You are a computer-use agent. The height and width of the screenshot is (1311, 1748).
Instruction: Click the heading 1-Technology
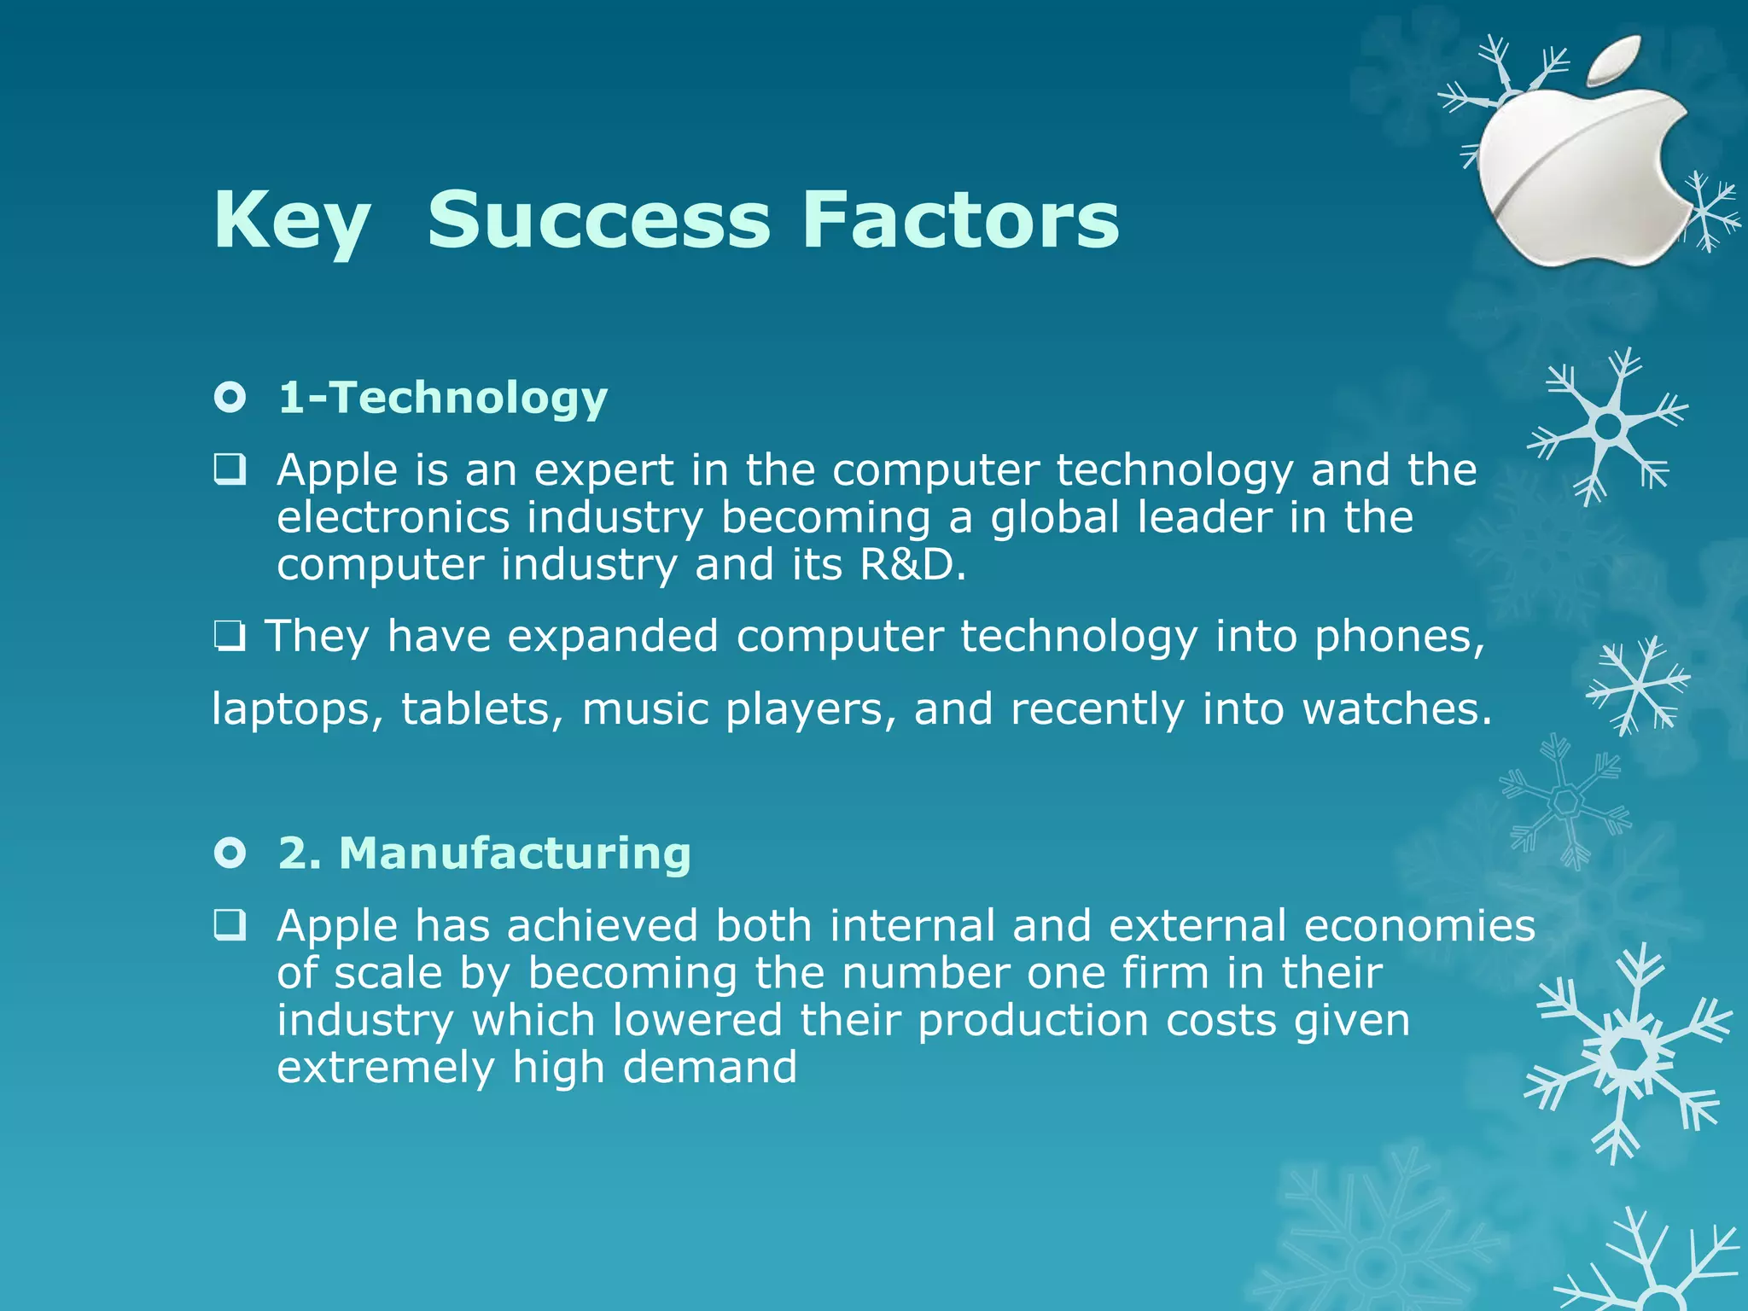click(x=442, y=399)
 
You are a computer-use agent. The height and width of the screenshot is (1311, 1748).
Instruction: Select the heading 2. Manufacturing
click(x=484, y=854)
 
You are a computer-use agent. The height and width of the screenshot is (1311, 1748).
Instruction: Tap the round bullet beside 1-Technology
click(x=230, y=398)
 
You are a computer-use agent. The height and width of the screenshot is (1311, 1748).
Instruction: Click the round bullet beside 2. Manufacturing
click(x=230, y=853)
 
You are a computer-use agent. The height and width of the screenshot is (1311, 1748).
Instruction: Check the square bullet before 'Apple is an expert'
click(x=230, y=469)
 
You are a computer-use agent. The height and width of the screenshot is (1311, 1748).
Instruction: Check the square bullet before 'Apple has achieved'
click(x=230, y=925)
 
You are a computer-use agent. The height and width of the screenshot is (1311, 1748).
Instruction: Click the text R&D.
click(x=912, y=565)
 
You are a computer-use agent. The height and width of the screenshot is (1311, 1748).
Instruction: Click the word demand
click(x=710, y=1068)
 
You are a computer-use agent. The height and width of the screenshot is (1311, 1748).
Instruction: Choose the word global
click(x=1054, y=518)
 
